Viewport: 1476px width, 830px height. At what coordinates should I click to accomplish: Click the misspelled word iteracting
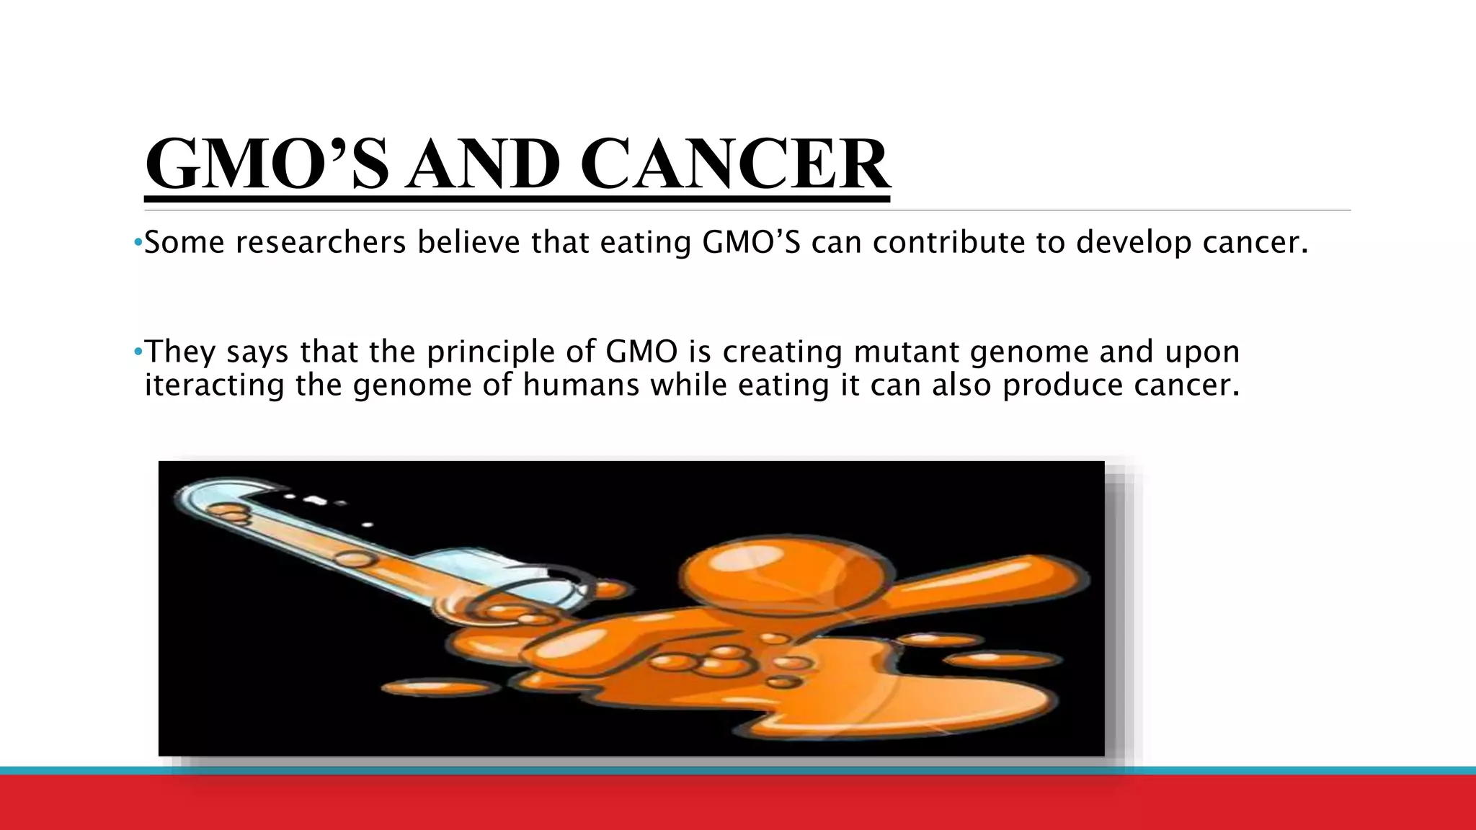coord(214,385)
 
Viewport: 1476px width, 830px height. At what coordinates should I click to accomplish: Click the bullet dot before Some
coord(138,243)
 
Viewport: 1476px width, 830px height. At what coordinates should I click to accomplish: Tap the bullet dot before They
coord(138,352)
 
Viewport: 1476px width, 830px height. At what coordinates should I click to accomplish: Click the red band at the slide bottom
coord(738,803)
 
